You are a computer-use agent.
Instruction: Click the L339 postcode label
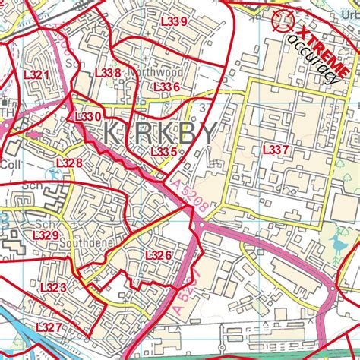point(174,21)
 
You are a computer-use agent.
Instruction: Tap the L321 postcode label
point(36,75)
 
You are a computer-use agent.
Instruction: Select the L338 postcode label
point(108,73)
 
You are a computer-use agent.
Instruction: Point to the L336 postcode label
point(166,87)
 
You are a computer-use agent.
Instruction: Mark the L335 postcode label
point(163,153)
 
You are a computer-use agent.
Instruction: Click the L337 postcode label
point(276,150)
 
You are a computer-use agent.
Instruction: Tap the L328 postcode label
point(69,163)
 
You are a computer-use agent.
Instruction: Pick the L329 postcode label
point(46,235)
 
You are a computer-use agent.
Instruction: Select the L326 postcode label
point(158,255)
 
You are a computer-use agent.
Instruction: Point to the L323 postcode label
point(53,287)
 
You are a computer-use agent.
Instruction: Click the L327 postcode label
point(49,327)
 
